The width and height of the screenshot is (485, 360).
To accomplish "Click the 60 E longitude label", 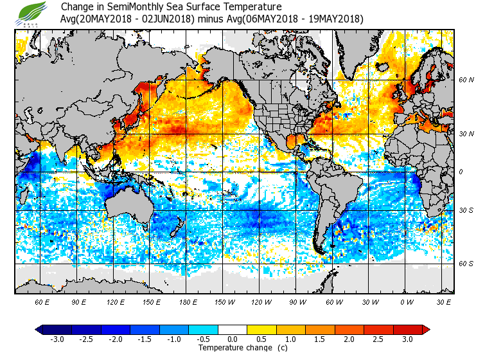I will click(x=42, y=301).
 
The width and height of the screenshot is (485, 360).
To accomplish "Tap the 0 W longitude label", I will click(x=406, y=301).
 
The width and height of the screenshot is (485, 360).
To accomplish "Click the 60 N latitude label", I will click(x=466, y=80).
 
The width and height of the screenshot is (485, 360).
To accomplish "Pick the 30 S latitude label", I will click(x=466, y=210).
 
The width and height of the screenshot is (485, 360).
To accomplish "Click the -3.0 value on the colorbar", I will click(x=57, y=339).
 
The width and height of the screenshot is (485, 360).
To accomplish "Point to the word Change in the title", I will click(x=76, y=7).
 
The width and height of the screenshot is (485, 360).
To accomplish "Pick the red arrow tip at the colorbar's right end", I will click(x=426, y=330).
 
